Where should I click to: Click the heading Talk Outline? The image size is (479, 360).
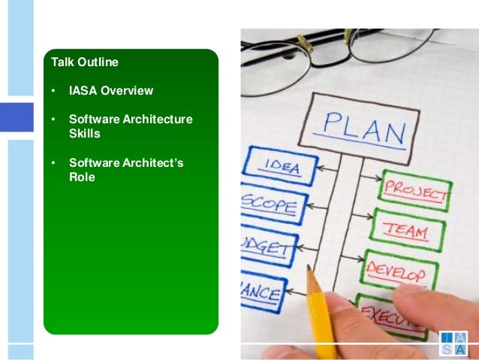click(x=84, y=62)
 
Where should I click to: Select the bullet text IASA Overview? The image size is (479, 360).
click(x=111, y=91)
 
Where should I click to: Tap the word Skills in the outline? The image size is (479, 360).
click(x=85, y=133)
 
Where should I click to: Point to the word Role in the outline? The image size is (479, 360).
click(x=82, y=177)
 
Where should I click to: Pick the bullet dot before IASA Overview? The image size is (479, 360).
click(x=53, y=91)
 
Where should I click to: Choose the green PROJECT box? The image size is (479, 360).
click(x=414, y=191)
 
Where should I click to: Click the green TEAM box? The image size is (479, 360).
click(x=408, y=231)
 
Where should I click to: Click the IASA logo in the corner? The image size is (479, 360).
click(x=454, y=343)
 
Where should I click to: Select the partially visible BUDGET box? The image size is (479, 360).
click(x=267, y=247)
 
